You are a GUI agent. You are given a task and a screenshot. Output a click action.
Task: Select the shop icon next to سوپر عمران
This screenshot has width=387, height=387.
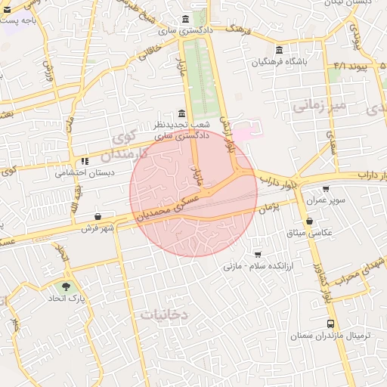tap(326, 189)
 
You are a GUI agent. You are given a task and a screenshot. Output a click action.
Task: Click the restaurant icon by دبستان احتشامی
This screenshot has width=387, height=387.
tap(85, 161)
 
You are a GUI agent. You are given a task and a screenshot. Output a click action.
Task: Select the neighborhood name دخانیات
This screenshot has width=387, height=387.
tap(165, 314)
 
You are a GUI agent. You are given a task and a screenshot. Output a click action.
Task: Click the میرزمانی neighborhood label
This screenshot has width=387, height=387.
tap(318, 106)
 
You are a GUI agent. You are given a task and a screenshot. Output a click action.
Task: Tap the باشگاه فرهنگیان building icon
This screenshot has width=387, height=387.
tap(279, 50)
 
